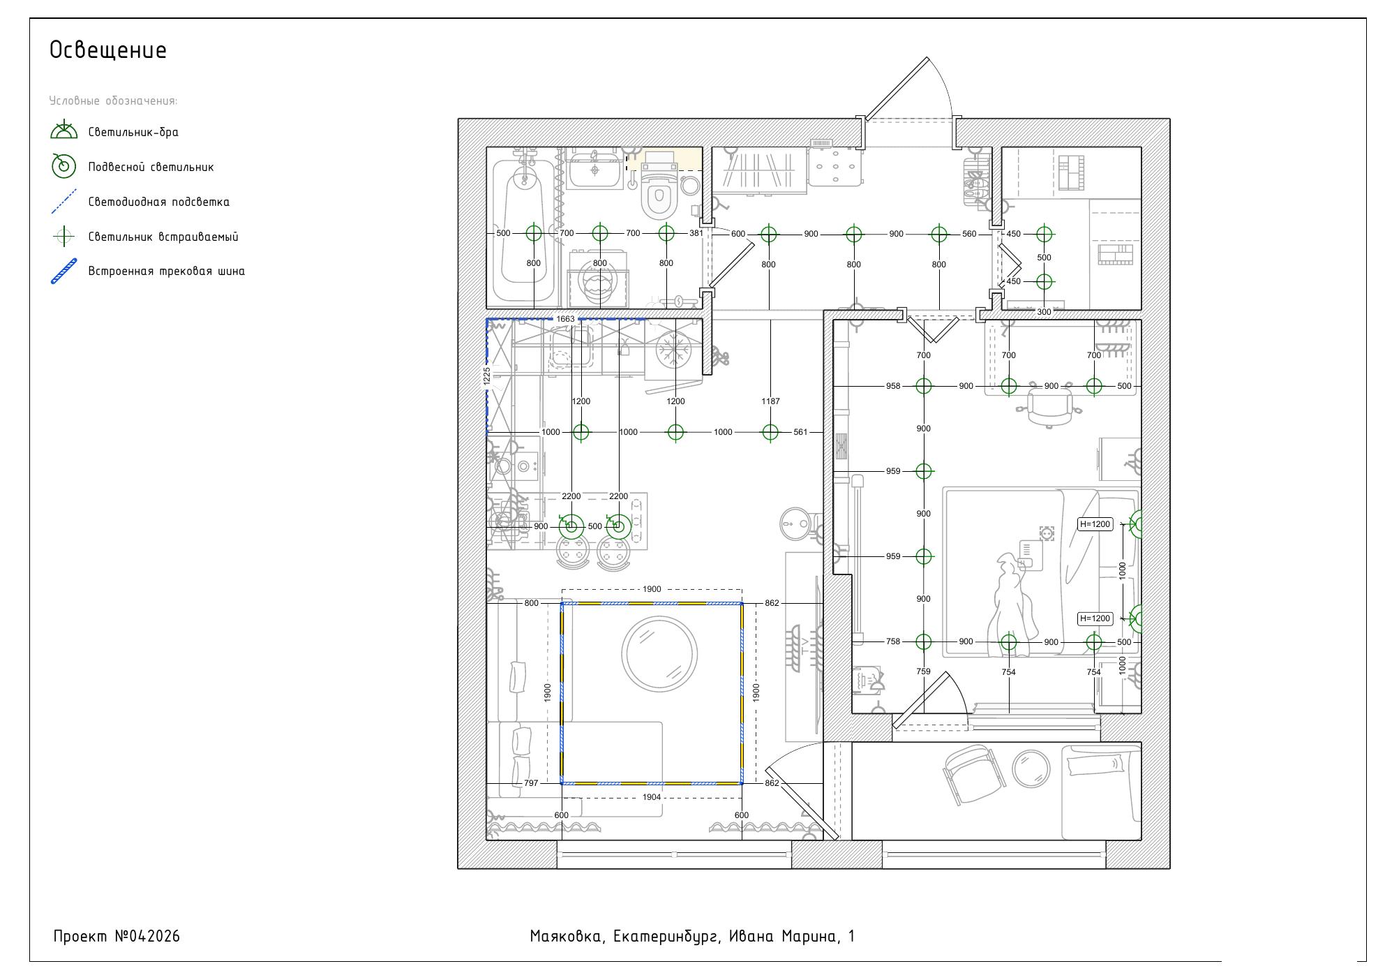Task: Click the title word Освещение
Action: [108, 50]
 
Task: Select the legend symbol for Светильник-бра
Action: [64, 130]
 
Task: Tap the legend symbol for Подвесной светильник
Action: [64, 166]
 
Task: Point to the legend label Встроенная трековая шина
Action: [167, 271]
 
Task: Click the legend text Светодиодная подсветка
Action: [159, 202]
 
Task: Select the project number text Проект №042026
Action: [117, 936]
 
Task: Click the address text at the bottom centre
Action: [692, 937]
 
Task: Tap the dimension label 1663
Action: [565, 319]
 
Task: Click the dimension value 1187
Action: [770, 401]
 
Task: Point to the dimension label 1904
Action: [652, 797]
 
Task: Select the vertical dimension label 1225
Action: [487, 376]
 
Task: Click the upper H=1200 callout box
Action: [1095, 524]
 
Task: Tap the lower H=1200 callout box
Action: [1095, 618]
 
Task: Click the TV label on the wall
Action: [804, 646]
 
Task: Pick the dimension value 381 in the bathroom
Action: [696, 233]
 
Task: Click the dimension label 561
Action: [800, 432]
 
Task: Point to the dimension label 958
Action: [893, 386]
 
